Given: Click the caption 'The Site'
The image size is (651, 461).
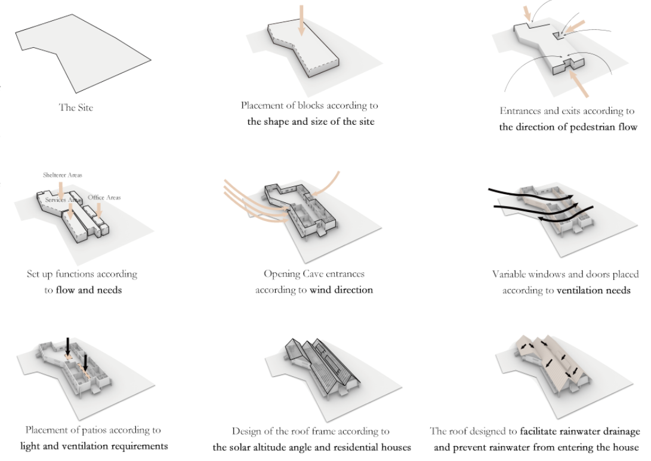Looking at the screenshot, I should [76, 108].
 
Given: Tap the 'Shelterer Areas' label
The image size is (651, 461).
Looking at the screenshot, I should [62, 175].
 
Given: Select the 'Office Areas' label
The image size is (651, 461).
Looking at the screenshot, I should [104, 197].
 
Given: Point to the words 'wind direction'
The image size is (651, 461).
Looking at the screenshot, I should [341, 290].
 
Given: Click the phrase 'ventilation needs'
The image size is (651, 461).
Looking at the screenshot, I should [593, 290].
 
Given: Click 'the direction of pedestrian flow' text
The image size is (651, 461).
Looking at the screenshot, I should [568, 127].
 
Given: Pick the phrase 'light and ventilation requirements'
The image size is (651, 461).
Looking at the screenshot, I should [94, 445].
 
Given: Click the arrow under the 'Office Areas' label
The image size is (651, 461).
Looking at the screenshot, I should [100, 210].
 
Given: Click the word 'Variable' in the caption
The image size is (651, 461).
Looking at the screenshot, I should [510, 275].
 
